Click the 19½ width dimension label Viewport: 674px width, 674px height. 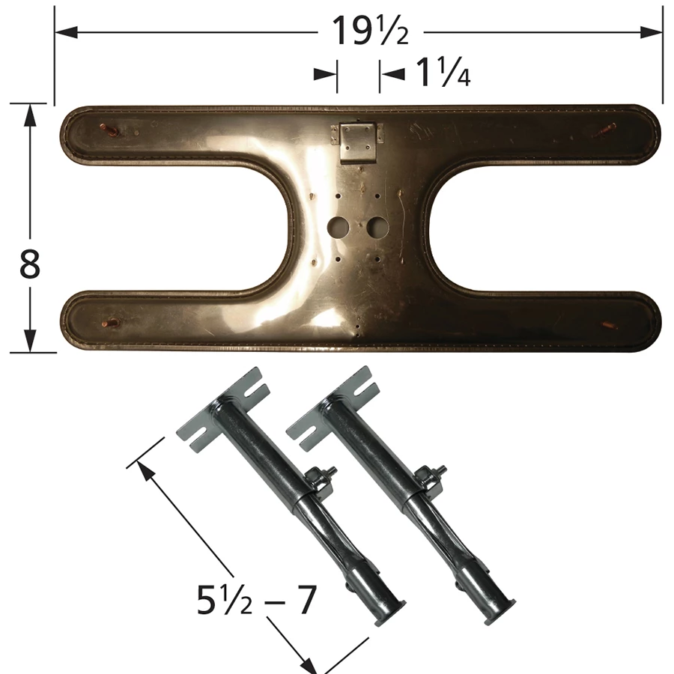coord(370,31)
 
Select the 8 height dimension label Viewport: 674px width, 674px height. coord(30,264)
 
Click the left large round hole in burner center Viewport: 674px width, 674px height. coord(338,226)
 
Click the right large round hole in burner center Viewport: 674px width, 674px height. coord(378,227)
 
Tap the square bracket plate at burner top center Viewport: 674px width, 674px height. coord(356,141)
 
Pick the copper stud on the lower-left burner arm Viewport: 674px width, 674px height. coord(110,322)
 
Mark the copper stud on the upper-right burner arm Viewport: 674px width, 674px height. coord(607,129)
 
